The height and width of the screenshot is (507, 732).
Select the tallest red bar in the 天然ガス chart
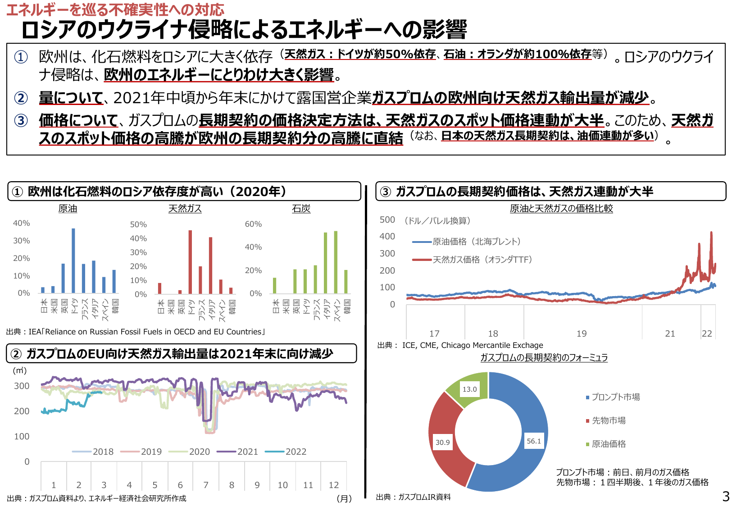(190, 262)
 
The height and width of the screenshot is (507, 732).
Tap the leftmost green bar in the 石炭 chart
(275, 286)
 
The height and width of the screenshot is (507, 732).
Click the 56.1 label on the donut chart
(534, 441)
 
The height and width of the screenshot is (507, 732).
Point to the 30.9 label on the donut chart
(442, 443)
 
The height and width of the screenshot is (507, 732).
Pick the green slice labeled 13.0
(469, 389)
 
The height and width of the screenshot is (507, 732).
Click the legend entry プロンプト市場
(615, 397)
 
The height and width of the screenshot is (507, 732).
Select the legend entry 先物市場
(609, 420)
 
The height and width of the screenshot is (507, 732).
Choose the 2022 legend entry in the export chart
(296, 452)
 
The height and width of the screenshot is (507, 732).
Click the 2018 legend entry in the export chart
(103, 452)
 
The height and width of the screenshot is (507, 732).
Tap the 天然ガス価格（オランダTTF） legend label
(482, 260)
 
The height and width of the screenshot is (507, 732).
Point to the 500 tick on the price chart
(387, 220)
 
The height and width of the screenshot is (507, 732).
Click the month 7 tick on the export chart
(206, 485)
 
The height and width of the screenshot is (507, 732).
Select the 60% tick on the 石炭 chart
(253, 224)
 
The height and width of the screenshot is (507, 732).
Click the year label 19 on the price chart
(582, 333)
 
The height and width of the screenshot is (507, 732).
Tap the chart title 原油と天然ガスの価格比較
(561, 208)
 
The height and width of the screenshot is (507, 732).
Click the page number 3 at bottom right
(726, 497)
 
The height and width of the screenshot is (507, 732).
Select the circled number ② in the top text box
(21, 98)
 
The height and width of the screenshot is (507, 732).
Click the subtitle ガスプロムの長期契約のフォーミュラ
(544, 358)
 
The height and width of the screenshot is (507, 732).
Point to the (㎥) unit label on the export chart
(20, 370)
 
